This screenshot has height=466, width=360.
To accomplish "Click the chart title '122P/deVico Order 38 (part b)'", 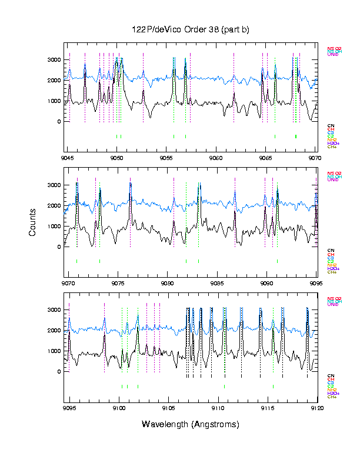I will point(191,29).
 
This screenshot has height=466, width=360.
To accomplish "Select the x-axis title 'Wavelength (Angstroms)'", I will point(191,424).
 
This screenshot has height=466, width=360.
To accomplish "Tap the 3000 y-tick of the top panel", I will point(54,60).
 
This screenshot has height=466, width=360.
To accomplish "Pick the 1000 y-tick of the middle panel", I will point(54,227).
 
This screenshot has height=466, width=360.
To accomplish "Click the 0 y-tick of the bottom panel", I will point(59,372).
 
